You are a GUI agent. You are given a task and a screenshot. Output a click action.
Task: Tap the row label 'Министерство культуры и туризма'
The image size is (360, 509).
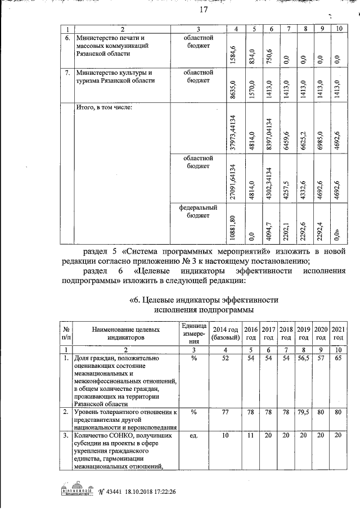(x=114, y=76)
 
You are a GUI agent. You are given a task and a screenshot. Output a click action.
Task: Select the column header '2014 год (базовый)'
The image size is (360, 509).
(x=227, y=333)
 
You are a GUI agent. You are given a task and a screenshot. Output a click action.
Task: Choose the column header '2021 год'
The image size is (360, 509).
(x=339, y=333)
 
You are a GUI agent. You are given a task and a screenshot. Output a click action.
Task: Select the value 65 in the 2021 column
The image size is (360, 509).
(x=339, y=358)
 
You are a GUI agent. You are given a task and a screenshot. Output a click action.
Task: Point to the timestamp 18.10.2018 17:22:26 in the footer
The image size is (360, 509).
(x=145, y=491)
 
